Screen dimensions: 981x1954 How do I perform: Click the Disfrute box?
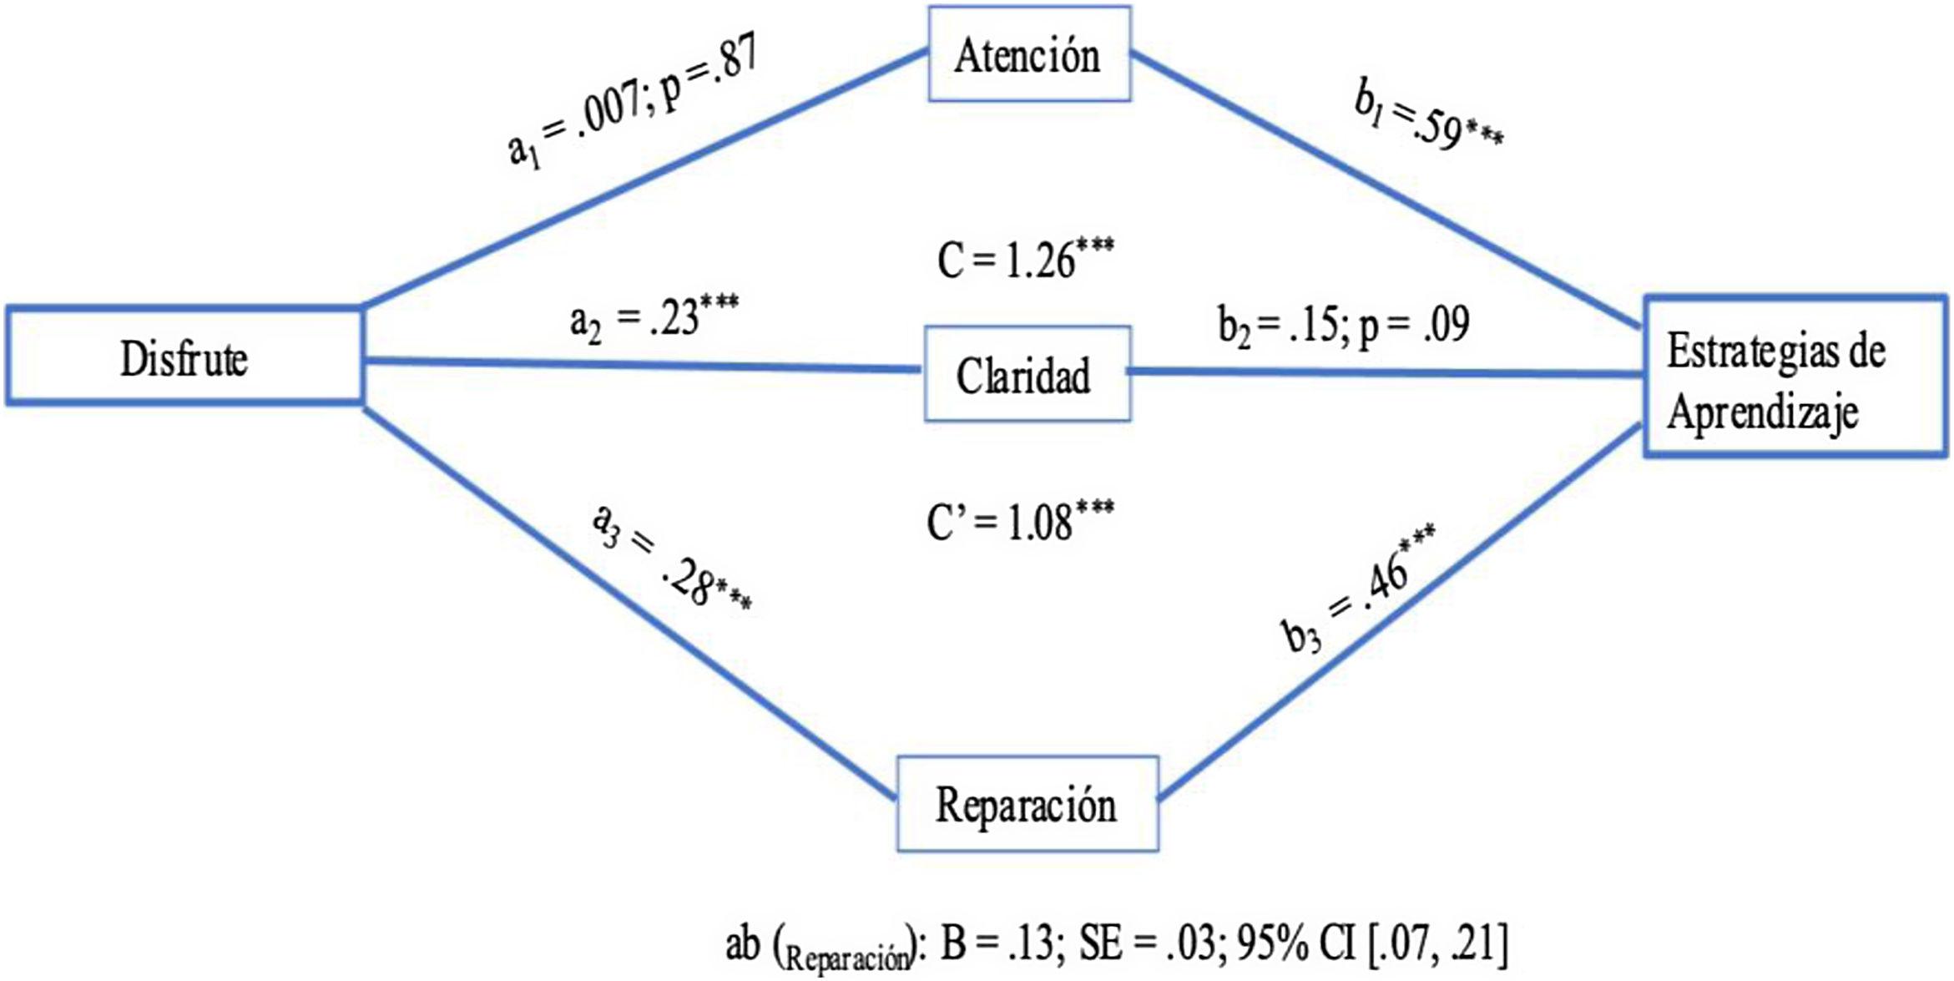coord(184,357)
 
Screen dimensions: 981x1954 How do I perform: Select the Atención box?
coord(1028,55)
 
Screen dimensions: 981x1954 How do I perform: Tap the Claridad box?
coord(1027,374)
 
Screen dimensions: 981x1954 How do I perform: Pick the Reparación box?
coord(1027,805)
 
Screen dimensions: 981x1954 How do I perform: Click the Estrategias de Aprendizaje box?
coord(1795,377)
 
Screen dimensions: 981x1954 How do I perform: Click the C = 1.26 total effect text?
coord(1025,259)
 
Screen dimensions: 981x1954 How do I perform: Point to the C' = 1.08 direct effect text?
coord(1020,522)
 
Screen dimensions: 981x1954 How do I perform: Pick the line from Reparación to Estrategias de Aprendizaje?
coord(1402,609)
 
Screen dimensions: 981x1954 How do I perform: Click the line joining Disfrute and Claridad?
coord(643,364)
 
